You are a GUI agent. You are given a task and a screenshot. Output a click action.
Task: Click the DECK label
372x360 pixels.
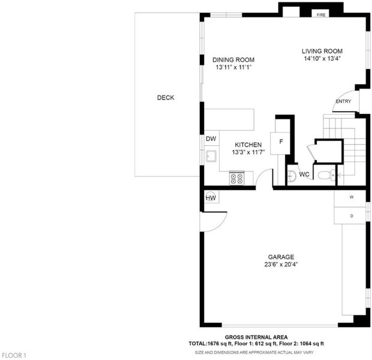(166, 98)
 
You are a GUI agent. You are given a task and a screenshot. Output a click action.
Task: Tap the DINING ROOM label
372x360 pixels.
(233, 60)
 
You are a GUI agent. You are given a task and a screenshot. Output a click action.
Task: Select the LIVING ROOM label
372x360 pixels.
(322, 51)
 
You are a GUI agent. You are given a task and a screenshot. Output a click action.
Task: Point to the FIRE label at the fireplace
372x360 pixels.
(321, 15)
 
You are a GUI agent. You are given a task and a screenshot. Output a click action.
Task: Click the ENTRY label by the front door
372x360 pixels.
(343, 101)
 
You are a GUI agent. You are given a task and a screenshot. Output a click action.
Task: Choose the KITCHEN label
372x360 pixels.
(248, 145)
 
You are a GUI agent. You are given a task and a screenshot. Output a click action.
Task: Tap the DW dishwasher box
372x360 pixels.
(212, 138)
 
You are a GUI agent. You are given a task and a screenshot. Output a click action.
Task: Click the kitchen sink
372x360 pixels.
(211, 156)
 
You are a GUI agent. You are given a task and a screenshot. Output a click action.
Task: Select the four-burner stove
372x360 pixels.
(236, 178)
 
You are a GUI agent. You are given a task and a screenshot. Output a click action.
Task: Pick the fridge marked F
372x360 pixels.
(280, 143)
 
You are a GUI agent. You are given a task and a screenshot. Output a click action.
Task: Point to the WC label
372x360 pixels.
(304, 175)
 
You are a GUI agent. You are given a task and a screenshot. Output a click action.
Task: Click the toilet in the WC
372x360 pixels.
(326, 175)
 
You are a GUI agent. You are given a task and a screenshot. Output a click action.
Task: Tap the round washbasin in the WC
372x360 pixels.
(292, 176)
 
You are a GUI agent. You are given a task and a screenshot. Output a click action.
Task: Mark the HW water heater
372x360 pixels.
(211, 197)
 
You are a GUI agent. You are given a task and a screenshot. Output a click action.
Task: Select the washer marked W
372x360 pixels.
(350, 199)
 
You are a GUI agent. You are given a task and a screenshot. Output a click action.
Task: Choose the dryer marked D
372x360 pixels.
(350, 215)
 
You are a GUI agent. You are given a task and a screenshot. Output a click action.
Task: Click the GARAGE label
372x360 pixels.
(281, 257)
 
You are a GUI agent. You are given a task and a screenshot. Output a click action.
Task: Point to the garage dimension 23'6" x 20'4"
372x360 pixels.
(281, 265)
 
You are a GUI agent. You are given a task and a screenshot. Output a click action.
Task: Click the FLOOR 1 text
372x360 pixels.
(14, 355)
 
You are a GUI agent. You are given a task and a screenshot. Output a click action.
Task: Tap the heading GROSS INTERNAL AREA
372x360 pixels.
(256, 337)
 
